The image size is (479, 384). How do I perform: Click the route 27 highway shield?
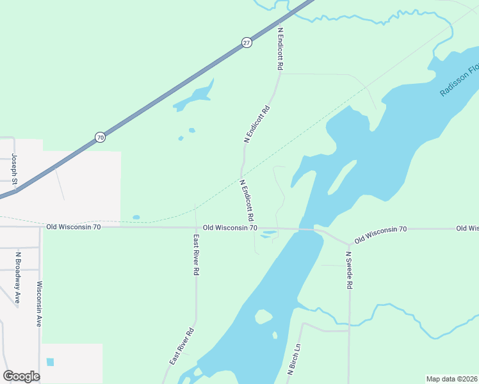point(247,42)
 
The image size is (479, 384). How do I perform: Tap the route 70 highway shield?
point(99,137)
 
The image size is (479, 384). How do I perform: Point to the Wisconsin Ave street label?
point(39,304)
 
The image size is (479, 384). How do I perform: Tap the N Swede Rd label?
point(349,271)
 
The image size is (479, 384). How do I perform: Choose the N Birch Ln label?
point(294,360)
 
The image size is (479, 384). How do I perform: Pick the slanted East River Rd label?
point(181,348)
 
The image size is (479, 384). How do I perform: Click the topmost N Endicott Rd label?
point(280,49)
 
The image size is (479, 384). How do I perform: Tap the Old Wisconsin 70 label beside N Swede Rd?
point(380,234)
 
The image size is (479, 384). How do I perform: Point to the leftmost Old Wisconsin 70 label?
point(73,227)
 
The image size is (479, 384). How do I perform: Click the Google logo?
point(21,376)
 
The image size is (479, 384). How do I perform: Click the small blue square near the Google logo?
point(50,362)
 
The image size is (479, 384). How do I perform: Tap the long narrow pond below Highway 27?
point(193,96)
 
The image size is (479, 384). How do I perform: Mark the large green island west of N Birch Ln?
point(263,317)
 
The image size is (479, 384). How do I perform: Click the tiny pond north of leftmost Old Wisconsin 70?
point(136,217)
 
